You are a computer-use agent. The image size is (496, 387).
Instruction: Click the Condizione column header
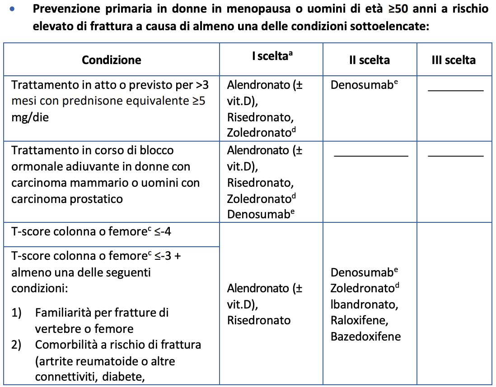point(111,60)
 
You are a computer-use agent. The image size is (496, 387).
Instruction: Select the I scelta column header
point(271,57)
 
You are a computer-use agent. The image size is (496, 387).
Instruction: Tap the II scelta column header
point(369,60)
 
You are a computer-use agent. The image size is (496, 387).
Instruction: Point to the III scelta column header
point(453,60)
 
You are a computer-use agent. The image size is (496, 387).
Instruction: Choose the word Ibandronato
point(364,304)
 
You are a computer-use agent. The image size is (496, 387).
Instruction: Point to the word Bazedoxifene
point(365,337)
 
